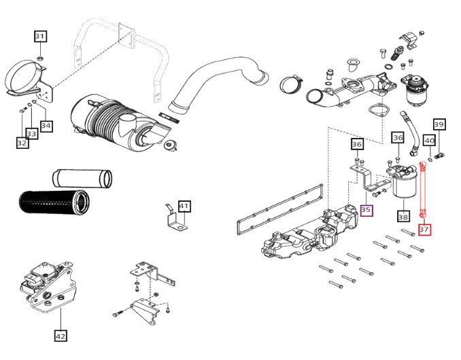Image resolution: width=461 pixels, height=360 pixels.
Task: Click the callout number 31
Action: click(x=40, y=37)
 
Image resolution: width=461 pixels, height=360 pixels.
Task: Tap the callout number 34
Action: click(x=46, y=125)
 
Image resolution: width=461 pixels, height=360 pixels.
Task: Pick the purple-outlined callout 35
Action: click(x=366, y=211)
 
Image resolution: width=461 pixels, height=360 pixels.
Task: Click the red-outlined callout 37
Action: click(x=424, y=230)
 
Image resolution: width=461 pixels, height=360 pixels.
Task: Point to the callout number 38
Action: click(x=403, y=217)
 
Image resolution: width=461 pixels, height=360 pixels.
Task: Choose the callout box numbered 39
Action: click(x=439, y=124)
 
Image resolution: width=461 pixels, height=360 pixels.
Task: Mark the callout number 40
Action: click(x=429, y=140)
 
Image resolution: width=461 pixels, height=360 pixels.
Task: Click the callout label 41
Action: click(x=184, y=206)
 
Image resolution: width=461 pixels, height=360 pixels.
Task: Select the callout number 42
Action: click(x=60, y=334)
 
